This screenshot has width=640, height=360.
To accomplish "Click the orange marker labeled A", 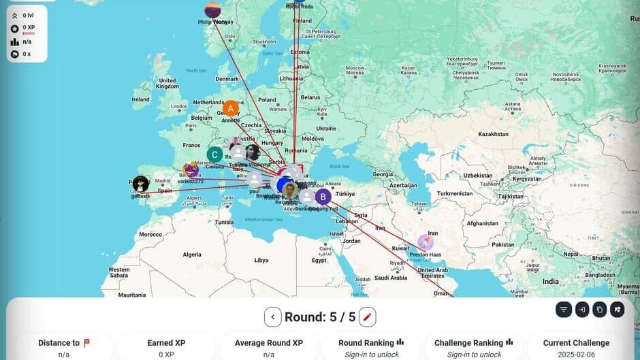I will tap(231, 108).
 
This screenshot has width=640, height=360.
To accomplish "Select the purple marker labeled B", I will tap(323, 197).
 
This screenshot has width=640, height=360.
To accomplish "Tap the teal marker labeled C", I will tap(215, 154).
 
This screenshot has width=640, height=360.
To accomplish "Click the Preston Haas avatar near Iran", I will tap(426, 242).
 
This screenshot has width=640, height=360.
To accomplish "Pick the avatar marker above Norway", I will tap(213, 10).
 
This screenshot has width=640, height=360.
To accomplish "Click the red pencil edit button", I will tap(367, 316).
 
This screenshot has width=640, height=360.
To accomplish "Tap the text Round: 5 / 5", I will tap(320, 316).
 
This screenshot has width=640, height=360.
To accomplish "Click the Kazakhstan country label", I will tap(493, 134).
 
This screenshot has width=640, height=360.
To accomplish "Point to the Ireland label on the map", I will tap(141, 99).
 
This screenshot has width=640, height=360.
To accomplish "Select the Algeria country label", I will tap(192, 254).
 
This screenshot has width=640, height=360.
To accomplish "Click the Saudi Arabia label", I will tap(390, 278).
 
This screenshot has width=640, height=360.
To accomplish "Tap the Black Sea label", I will tap(339, 166).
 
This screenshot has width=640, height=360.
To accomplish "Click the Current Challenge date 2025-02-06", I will tap(576, 355).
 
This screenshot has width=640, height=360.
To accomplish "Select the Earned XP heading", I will tap(166, 343).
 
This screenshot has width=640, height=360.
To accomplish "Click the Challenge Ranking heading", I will tap(469, 343).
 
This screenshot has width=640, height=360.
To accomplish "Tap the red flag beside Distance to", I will tap(86, 343).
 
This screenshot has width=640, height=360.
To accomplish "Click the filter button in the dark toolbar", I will tap(564, 310).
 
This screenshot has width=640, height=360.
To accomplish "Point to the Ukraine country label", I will tap(326, 128).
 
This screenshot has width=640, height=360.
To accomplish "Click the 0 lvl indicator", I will tap(28, 15).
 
